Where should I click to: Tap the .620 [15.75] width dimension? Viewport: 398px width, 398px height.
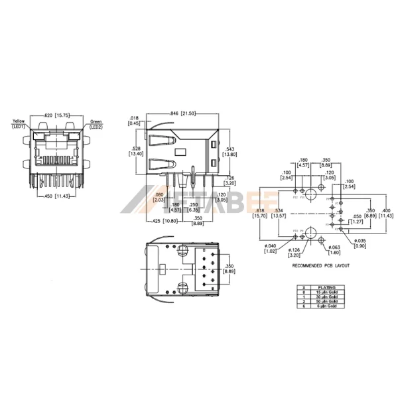click(58, 115)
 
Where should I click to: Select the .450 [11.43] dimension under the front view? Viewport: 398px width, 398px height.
click(58, 196)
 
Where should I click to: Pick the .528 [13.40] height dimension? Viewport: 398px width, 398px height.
click(136, 151)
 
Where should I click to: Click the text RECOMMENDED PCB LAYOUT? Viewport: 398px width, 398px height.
click(321, 265)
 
